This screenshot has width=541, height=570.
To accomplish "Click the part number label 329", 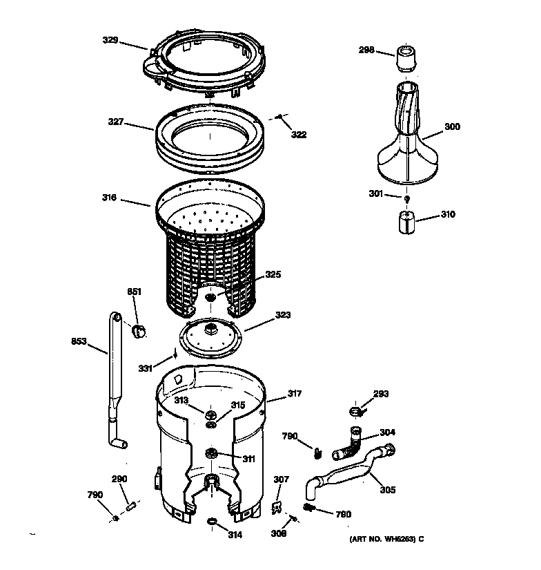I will coord(111,41).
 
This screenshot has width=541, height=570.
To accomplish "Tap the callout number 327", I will coord(115,122).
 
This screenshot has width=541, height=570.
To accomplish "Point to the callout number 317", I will coord(295,395).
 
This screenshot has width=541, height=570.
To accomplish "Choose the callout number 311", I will coord(247,459).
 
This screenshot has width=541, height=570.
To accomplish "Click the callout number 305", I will coord(387,490).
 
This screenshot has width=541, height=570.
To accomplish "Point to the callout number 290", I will coord(119,479).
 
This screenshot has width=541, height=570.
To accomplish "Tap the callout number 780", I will coord(342,514).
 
